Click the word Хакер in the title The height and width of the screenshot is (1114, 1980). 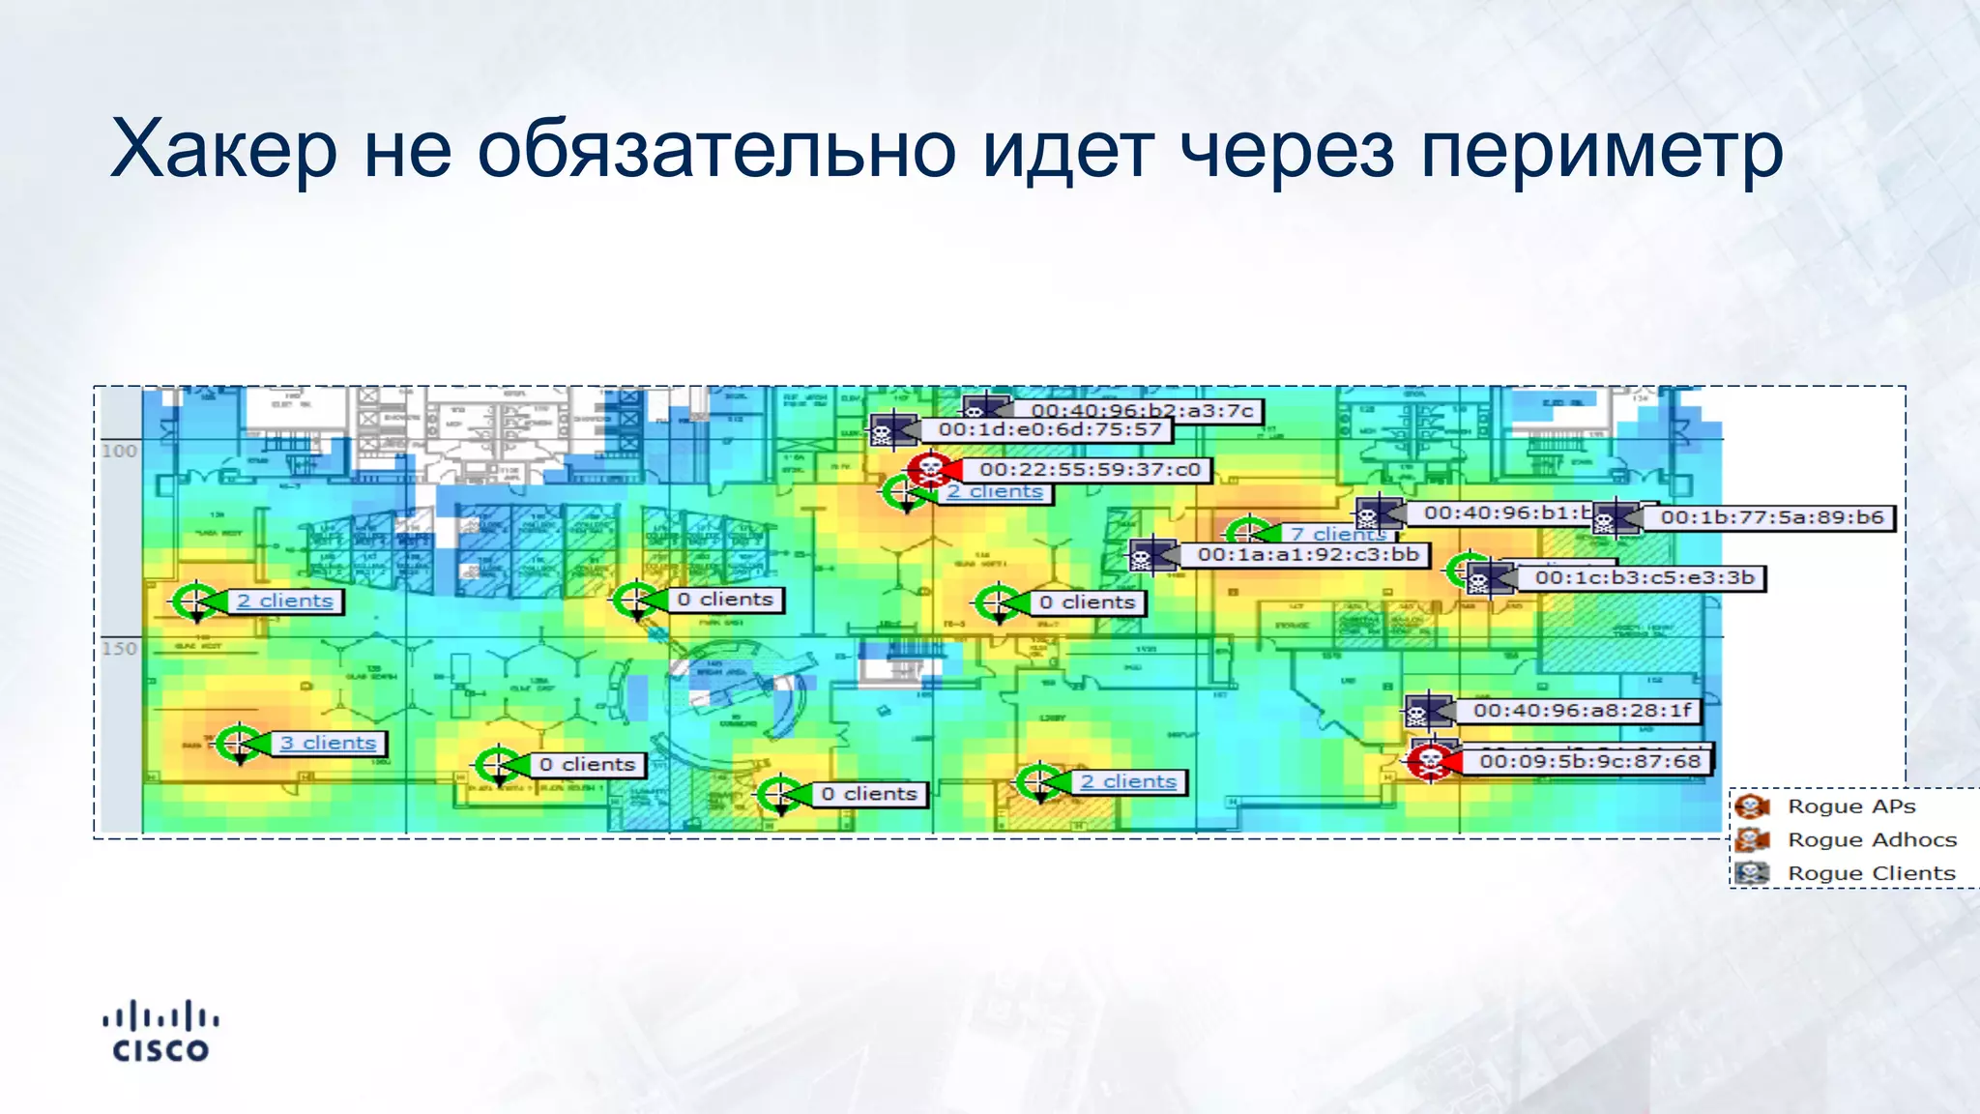[223, 150]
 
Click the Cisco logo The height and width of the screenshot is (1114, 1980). [160, 1033]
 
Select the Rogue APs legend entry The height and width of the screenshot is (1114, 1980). [1850, 806]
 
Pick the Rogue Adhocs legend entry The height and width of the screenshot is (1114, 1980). [1872, 839]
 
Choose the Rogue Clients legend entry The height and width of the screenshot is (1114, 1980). [1871, 873]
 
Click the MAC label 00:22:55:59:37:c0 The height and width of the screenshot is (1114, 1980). [1090, 470]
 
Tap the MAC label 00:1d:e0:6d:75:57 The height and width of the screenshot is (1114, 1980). [1050, 430]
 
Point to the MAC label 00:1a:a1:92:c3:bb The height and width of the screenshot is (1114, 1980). [1308, 555]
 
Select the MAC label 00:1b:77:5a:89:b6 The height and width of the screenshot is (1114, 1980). [1772, 517]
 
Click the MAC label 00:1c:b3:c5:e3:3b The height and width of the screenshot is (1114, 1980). [1645, 578]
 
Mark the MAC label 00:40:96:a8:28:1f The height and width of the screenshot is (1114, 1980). [1583, 711]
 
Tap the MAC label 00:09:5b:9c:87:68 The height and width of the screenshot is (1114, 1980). [1589, 762]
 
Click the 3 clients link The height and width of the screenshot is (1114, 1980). [328, 744]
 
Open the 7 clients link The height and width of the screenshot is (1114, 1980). [1338, 534]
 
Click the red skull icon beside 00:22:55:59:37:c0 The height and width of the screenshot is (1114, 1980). [929, 470]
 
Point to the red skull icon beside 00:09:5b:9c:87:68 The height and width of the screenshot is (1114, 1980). [1428, 762]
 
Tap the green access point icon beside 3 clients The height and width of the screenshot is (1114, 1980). [238, 744]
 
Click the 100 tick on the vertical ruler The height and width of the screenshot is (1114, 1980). [120, 451]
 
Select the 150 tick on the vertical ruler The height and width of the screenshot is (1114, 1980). [120, 649]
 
